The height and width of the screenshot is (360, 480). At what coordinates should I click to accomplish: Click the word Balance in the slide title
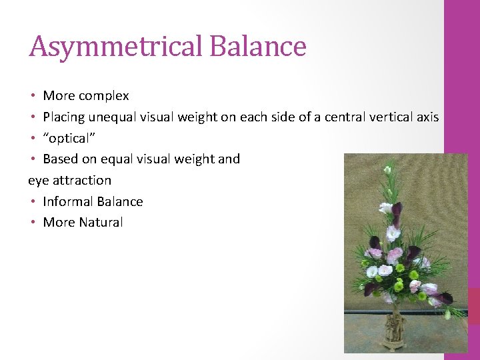point(257,47)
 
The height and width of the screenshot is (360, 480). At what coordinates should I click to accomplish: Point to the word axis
point(427,117)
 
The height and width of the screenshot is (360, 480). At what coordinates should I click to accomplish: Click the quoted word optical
point(67,138)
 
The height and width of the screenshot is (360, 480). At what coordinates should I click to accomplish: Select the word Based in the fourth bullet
point(59,159)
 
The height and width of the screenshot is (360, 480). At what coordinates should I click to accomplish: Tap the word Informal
point(67,201)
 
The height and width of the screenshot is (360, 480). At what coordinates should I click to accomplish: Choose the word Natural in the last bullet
point(101,223)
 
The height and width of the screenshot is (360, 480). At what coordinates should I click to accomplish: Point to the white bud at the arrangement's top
point(387,170)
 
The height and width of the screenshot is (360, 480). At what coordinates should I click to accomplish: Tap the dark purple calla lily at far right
point(445,297)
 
